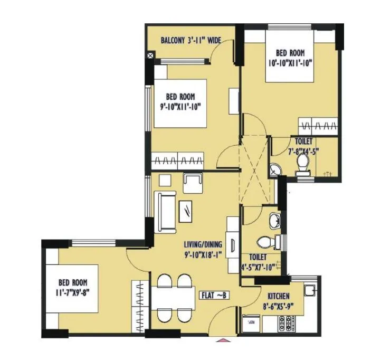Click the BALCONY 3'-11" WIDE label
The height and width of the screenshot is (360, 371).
[x=191, y=40]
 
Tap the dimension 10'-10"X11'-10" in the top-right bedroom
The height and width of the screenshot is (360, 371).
[x=290, y=62]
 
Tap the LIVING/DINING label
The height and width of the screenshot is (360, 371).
[x=203, y=244]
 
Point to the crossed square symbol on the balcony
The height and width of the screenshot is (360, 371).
[x=151, y=54]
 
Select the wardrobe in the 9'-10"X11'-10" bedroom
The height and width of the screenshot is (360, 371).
[x=178, y=159]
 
